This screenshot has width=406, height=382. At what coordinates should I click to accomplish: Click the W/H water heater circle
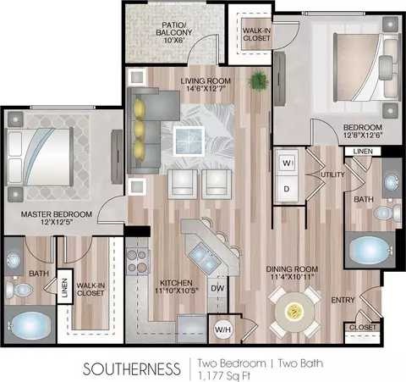coord(222,329)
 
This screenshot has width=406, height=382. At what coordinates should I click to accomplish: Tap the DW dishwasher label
coord(217,288)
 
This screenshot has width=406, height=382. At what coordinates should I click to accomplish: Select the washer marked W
coord(287,163)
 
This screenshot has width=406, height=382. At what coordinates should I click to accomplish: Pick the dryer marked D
coord(287,189)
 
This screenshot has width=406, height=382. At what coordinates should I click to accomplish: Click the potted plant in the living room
coord(258,80)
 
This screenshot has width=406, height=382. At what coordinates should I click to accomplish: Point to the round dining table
coord(294,312)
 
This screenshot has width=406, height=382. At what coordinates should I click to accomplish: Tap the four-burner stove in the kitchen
coord(137,261)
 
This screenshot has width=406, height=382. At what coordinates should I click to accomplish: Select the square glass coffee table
coord(189,141)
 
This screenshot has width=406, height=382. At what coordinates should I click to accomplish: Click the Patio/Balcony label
coord(174,32)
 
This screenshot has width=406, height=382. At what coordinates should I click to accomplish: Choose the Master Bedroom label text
coord(57,214)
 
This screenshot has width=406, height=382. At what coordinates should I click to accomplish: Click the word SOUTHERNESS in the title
coord(132,368)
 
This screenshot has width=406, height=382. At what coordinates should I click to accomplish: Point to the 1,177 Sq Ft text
coord(224,376)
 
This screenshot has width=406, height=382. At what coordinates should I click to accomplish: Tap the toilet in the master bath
coord(19,289)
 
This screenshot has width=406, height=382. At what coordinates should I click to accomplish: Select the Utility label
coord(332,174)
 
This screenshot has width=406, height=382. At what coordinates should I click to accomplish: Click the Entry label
coord(343,300)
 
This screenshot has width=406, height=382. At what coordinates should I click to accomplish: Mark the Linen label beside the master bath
coord(65,288)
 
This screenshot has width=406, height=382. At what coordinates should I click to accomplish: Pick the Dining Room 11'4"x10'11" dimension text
coord(292,277)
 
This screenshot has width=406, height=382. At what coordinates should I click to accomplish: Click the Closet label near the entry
coord(363,327)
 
